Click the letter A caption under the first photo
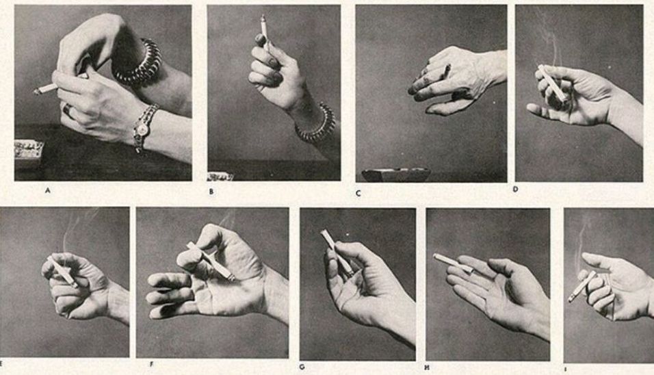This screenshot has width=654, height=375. [x=48, y=191]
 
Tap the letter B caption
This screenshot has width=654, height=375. [x=211, y=192]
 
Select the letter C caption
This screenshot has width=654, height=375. [x=358, y=194]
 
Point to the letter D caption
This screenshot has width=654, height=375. [x=516, y=189]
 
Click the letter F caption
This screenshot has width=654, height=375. [x=152, y=364]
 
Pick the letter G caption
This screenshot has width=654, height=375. [x=302, y=367]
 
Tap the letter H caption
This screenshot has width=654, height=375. [x=427, y=367]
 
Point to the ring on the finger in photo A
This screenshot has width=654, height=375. [x=67, y=109]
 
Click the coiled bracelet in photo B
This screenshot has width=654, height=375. [x=317, y=123]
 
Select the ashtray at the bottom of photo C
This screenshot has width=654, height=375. [x=396, y=174]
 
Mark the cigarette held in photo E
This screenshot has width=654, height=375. [x=62, y=272]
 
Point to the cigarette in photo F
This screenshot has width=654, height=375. [x=211, y=261]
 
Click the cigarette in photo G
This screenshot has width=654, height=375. [x=336, y=252]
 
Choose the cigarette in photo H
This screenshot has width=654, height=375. [x=454, y=263]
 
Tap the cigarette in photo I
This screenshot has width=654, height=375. [x=582, y=286]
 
